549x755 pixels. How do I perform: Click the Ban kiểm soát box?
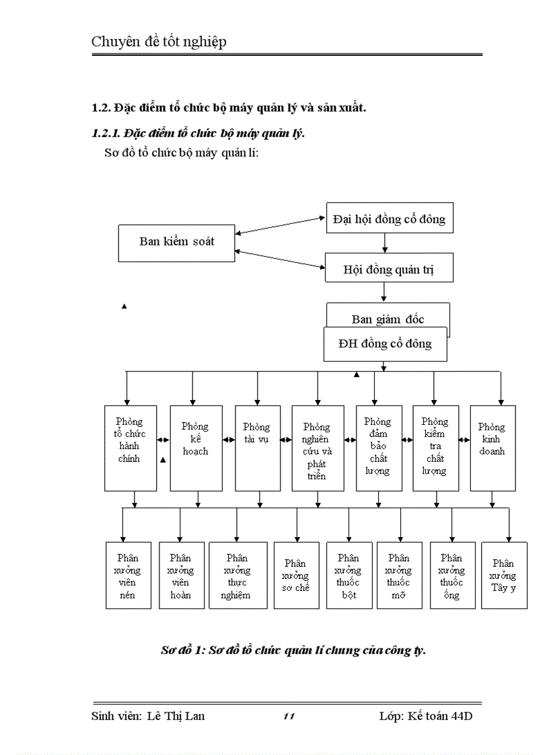point(176,243)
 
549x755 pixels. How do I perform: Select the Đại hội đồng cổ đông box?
point(389,218)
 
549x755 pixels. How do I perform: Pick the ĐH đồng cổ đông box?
point(386,344)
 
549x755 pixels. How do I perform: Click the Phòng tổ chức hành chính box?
point(131,447)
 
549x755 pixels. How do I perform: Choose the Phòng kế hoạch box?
point(196,447)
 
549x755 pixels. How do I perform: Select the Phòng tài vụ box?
point(257,447)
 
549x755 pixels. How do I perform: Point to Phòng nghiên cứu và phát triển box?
point(318,448)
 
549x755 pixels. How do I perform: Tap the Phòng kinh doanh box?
point(492,447)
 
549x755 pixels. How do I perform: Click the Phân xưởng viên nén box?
point(127,575)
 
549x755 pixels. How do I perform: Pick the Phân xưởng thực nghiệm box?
point(237,575)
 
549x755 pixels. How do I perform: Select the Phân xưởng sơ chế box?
point(296,575)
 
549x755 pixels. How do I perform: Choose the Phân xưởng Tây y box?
point(504,575)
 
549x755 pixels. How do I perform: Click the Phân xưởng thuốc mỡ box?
point(399,575)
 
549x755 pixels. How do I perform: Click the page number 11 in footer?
point(289,717)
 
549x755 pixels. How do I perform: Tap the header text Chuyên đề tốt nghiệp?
point(159,42)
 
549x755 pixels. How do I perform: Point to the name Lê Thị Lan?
point(176,716)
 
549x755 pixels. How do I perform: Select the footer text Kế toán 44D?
point(440,716)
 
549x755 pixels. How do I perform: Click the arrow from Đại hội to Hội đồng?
point(384,243)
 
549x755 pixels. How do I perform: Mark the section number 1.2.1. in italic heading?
point(106,133)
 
